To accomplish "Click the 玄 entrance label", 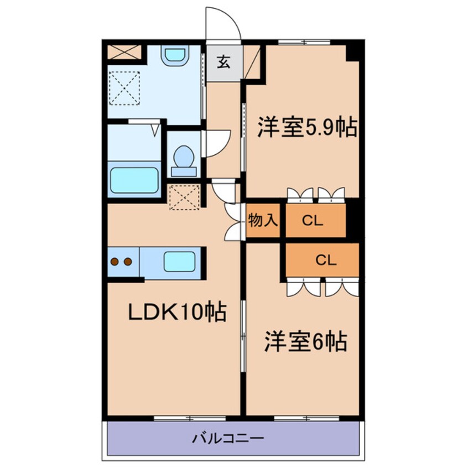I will [223, 63].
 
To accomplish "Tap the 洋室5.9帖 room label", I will [306, 128].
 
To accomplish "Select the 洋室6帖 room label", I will [305, 342].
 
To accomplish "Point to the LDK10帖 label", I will [176, 313].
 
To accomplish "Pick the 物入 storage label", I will [262, 220].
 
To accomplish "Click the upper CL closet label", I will [313, 221].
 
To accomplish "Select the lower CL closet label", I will [326, 260].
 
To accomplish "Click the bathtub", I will [134, 180].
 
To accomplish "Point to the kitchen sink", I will [179, 261].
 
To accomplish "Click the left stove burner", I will [115, 262].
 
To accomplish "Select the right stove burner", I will [128, 262].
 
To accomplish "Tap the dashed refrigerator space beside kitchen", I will [184, 197].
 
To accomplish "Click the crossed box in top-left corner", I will [124, 51].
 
